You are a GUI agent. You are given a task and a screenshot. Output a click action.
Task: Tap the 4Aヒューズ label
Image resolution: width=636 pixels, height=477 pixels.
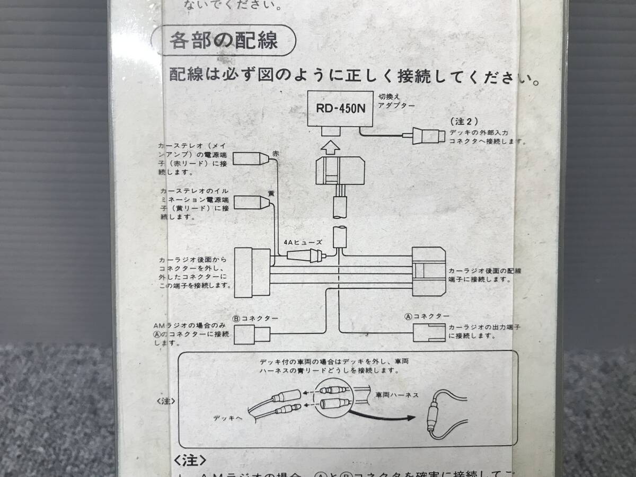point(303,242)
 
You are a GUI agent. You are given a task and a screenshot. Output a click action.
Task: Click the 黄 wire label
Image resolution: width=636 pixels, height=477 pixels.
point(271,194)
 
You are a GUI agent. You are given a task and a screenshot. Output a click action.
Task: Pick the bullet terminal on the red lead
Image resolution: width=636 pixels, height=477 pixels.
point(251,158)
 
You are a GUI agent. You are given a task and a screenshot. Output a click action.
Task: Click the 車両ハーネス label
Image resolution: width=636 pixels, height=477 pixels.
point(397,395)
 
